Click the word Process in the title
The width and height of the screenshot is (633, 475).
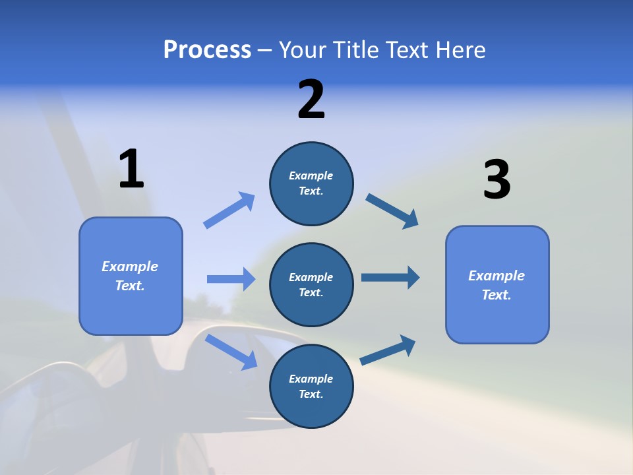click(x=207, y=50)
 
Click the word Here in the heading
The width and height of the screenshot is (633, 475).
click(x=460, y=50)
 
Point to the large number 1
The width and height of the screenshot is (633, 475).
click(x=131, y=169)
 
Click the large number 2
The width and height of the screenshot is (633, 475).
click(x=311, y=100)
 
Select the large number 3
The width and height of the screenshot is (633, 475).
click(x=497, y=179)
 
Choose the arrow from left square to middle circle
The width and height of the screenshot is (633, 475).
click(x=231, y=279)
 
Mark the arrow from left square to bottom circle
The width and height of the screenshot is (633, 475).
click(x=231, y=352)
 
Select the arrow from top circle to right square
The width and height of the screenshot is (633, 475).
click(x=392, y=211)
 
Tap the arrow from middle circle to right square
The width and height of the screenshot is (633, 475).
click(x=390, y=278)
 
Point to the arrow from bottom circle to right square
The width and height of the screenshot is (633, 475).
click(x=388, y=350)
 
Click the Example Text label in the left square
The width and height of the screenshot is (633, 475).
click(x=130, y=276)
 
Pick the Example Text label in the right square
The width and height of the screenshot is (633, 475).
click(x=497, y=285)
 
